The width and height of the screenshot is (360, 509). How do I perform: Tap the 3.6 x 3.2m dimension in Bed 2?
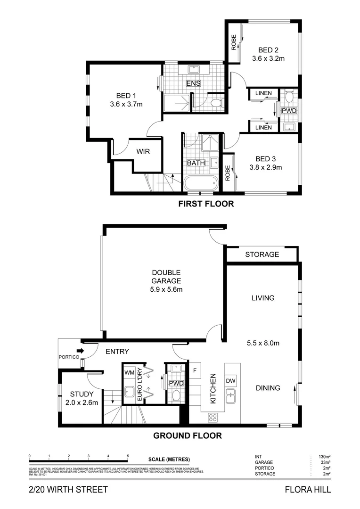tap(269, 59)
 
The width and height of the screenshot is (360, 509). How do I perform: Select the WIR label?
tap(143, 152)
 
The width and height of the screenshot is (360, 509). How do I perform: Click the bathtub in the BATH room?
tap(201, 183)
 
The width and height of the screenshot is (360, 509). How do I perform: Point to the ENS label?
tap(193, 83)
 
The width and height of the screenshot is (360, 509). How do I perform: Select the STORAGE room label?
tap(262, 254)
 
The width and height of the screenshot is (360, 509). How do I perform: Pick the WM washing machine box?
tap(129, 372)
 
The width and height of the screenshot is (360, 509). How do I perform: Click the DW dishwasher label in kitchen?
tap(231, 380)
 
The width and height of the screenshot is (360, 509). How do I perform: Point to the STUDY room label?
tap(81, 394)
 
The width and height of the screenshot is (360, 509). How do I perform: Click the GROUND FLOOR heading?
tap(188, 435)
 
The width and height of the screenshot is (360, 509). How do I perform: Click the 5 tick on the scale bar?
tap(128, 456)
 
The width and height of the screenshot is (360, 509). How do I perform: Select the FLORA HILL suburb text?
tap(308, 490)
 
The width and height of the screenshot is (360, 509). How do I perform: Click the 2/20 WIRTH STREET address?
tap(68, 490)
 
